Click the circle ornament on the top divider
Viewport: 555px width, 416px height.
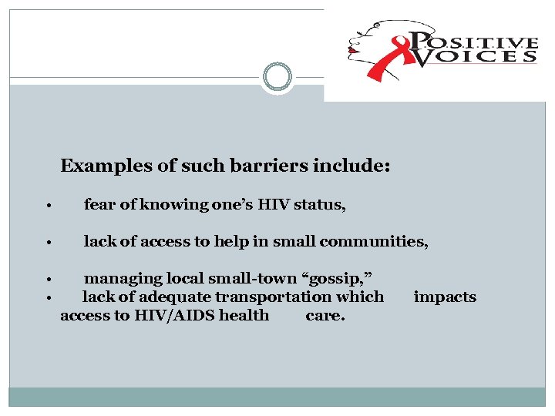coord(277,77)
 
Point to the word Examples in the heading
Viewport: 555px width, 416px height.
coord(98,166)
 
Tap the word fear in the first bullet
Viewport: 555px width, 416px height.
coord(99,205)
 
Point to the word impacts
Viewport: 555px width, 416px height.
coord(445,297)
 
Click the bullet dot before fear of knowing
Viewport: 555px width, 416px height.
coord(49,206)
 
